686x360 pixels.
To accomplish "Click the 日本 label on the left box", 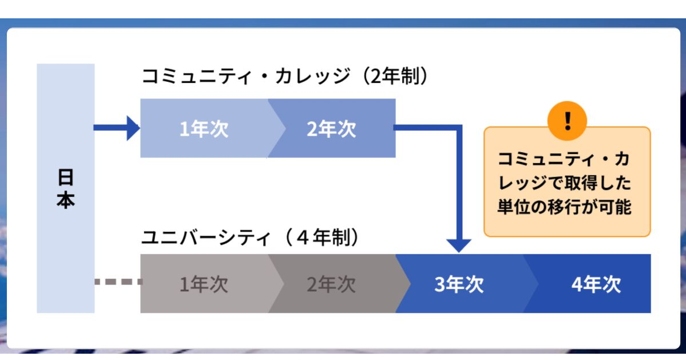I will [66, 189].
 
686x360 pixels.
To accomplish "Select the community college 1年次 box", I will [204, 129].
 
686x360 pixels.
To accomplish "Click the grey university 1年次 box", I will [204, 284].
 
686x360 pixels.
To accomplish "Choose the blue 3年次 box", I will [459, 284].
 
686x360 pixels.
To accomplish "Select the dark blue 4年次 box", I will [595, 284].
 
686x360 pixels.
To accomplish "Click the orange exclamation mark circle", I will [567, 120].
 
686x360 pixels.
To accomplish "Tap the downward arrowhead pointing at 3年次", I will [458, 245].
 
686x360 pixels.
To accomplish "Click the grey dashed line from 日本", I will [117, 282].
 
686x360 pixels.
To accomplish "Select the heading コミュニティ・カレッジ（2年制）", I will [284, 77].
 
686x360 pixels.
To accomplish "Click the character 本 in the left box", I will [66, 201].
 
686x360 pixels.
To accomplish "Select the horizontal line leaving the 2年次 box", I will [426, 128].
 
